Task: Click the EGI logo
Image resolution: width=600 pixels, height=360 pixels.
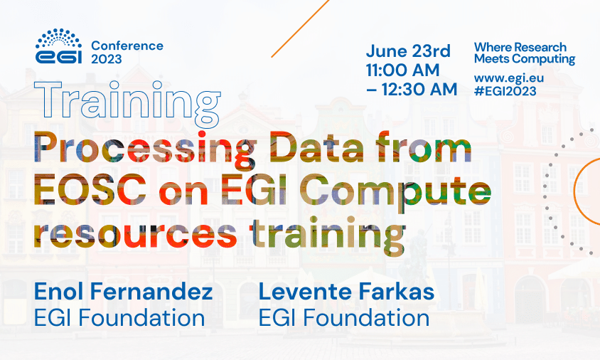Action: (x=60, y=47)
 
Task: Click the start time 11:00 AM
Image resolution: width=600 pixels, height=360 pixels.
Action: (x=403, y=70)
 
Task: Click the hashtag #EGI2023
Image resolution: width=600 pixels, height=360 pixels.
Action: (x=505, y=90)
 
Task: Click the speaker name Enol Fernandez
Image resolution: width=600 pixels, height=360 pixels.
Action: (x=123, y=292)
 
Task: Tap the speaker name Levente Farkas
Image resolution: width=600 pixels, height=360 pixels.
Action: (x=346, y=292)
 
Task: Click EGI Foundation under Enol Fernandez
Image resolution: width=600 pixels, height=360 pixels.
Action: (x=119, y=317)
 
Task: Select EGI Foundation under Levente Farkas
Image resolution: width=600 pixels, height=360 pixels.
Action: (x=344, y=317)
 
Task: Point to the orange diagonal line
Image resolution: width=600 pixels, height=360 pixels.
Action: (x=302, y=28)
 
